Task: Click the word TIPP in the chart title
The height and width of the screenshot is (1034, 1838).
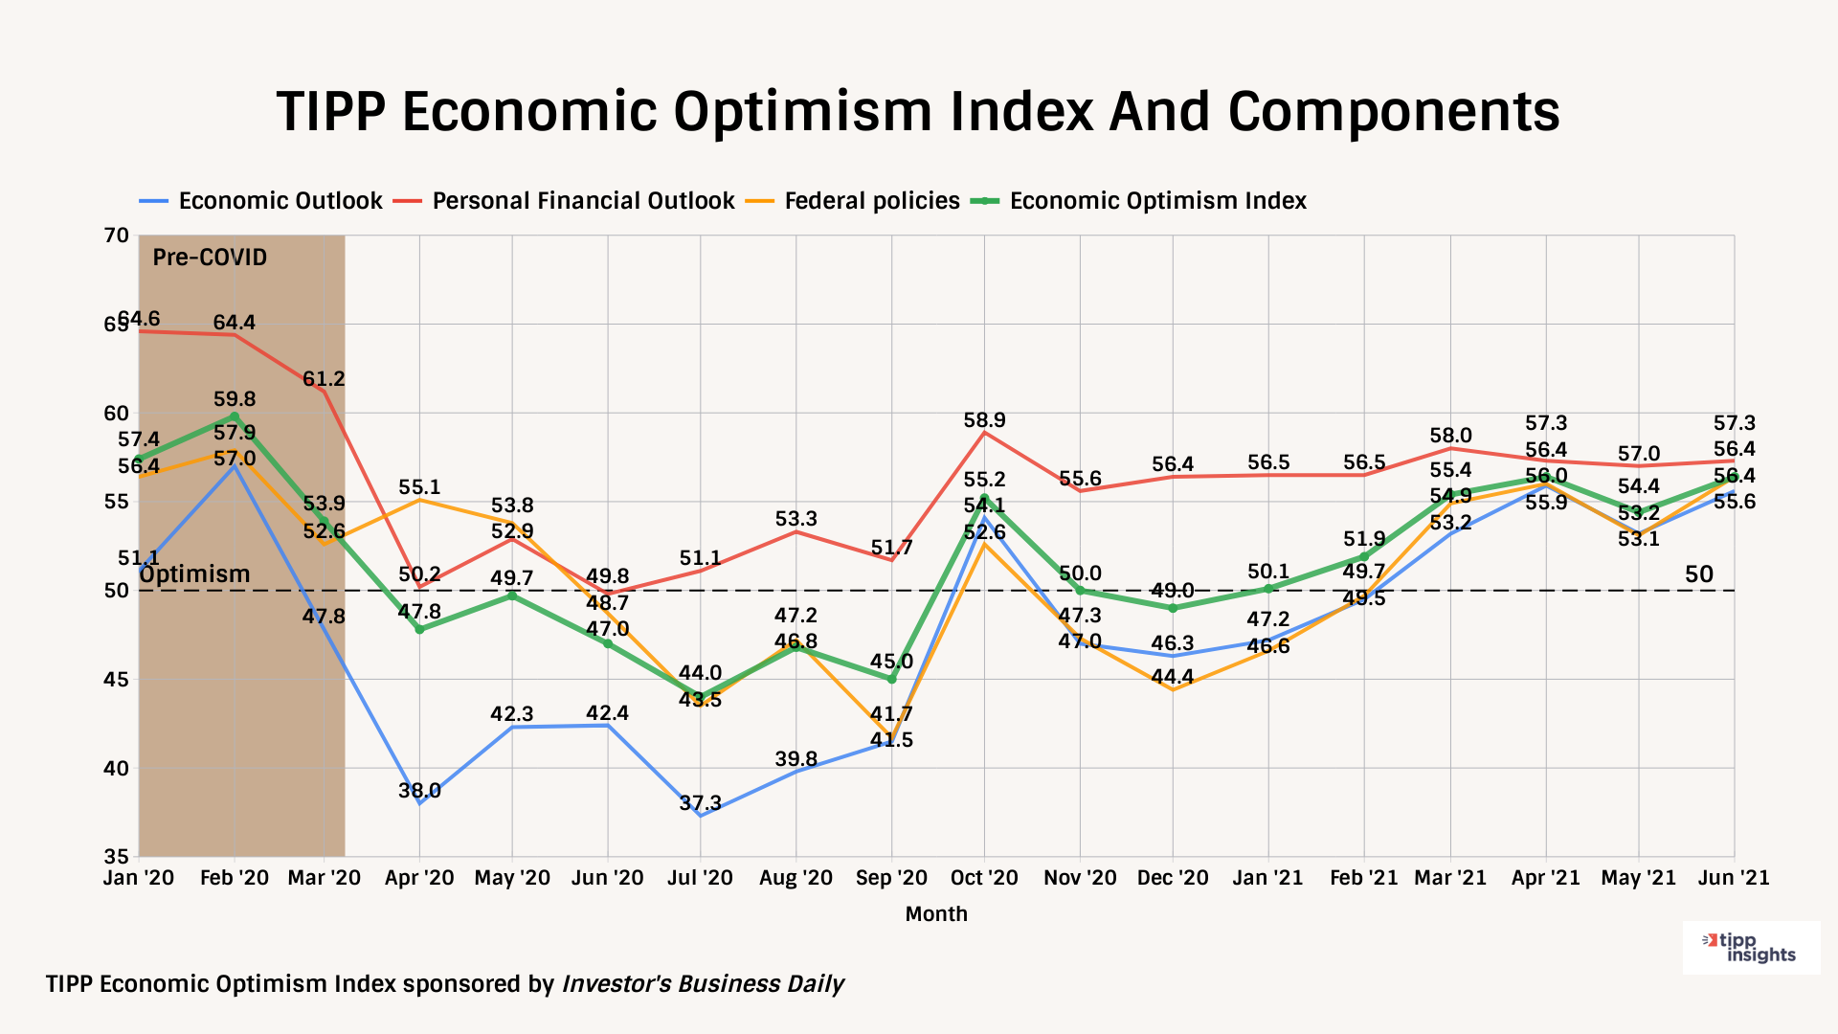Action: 330,112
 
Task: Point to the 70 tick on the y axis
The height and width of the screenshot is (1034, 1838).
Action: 116,236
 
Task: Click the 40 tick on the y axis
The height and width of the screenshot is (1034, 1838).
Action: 116,769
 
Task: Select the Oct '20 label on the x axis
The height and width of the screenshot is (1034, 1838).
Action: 984,878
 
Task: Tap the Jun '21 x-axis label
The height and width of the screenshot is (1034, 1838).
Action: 1733,878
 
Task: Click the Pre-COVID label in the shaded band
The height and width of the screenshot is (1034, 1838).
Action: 210,258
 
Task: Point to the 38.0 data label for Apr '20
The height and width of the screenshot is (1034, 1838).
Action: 419,791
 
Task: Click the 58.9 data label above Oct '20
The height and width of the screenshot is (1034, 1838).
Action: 984,420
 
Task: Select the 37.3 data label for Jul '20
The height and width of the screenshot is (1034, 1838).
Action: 700,803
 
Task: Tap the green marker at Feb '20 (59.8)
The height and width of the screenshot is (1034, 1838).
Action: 235,416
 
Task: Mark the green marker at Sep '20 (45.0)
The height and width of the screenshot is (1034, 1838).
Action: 891,679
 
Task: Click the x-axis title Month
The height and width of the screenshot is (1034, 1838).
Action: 936,914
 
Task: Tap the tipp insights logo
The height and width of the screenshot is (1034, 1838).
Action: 1752,948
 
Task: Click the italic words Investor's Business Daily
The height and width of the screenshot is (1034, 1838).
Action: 702,984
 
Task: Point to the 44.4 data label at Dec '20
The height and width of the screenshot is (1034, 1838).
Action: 1173,677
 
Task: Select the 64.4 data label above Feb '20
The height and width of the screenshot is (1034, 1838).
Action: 235,323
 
